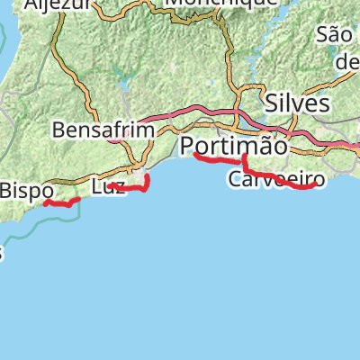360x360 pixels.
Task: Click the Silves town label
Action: pyautogui.click(x=297, y=103)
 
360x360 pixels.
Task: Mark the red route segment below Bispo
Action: pyautogui.click(x=61, y=204)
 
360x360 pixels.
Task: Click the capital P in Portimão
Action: pyautogui.click(x=188, y=146)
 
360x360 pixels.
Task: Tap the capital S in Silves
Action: pyautogui.click(x=273, y=103)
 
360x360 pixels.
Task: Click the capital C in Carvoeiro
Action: pyautogui.click(x=236, y=179)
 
